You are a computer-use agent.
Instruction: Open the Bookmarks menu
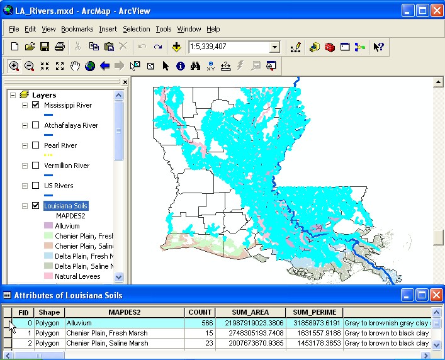(77, 29)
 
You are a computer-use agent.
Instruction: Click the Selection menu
(136, 29)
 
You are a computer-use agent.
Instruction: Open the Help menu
(213, 29)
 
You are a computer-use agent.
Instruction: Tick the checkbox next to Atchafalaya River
(36, 125)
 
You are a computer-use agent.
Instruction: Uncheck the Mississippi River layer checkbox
(36, 105)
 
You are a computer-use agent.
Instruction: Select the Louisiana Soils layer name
(65, 206)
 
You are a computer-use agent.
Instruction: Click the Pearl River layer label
(60, 145)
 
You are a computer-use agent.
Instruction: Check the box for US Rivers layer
(36, 186)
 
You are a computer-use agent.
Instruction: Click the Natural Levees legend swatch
(48, 276)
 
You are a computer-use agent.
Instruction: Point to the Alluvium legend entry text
(67, 226)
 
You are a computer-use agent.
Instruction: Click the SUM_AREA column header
(250, 312)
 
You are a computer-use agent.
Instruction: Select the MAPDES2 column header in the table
(124, 312)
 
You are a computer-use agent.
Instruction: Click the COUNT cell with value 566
(200, 323)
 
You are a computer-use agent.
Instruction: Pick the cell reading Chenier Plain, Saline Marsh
(111, 343)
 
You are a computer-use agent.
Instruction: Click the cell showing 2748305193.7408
(250, 333)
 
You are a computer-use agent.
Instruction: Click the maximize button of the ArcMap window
(421, 10)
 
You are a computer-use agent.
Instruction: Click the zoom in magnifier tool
(14, 65)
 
